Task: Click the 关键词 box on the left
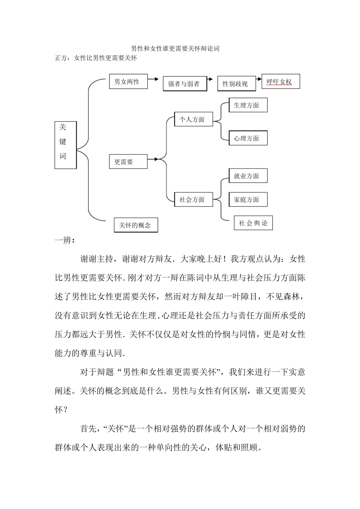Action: [66, 145]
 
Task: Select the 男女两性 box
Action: [128, 81]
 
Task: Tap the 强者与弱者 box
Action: [185, 84]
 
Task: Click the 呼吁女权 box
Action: [280, 81]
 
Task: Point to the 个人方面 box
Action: [193, 119]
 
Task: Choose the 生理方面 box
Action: [248, 105]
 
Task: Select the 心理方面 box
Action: [248, 138]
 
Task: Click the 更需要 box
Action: [128, 162]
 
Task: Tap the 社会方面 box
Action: [193, 199]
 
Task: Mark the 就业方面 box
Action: [248, 176]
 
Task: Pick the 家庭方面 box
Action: [248, 199]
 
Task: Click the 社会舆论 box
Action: [253, 223]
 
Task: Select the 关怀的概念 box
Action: [136, 225]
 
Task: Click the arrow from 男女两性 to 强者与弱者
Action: [153, 79]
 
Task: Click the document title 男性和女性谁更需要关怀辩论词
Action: [175, 48]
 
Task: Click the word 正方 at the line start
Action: [61, 58]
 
